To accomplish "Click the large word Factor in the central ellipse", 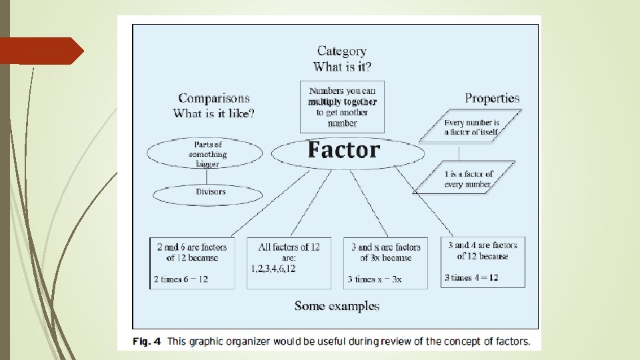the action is [x=344, y=151].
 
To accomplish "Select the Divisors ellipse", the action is [x=211, y=193].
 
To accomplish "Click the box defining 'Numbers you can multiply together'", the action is [x=342, y=107].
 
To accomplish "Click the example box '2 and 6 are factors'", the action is [x=192, y=263].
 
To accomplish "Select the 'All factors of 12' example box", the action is [x=289, y=263].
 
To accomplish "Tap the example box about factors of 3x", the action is [x=385, y=263].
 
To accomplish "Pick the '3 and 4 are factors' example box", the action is [x=483, y=261].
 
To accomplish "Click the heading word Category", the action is [x=341, y=51].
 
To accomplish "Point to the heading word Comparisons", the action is [x=214, y=99].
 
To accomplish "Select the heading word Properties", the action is [x=492, y=98].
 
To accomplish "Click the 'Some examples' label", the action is [x=337, y=306].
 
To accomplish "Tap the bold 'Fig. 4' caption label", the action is [x=146, y=342].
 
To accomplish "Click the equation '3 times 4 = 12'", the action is [x=471, y=277].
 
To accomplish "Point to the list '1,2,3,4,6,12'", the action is [x=273, y=269].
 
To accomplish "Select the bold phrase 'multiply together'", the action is [x=342, y=102].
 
